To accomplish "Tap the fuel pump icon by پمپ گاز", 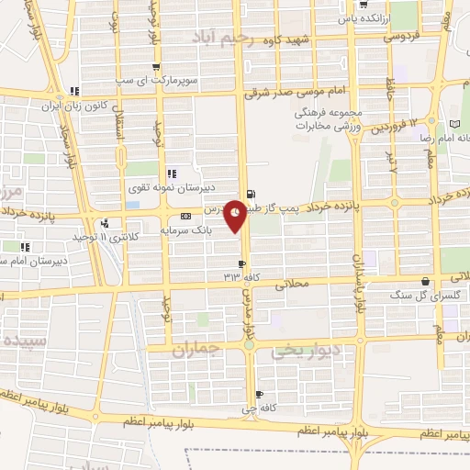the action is point(252,195).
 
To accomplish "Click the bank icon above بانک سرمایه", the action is point(187,217).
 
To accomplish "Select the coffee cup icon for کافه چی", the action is point(259,393).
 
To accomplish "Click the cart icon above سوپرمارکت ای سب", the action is point(156,67).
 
